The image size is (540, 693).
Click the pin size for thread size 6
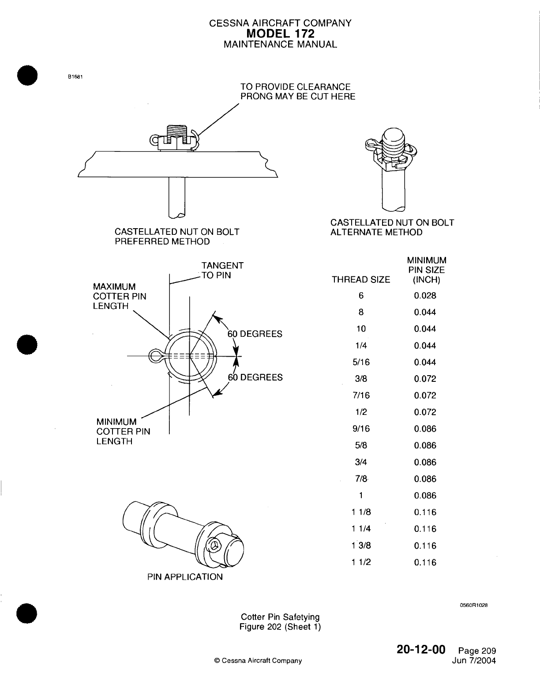tap(425, 296)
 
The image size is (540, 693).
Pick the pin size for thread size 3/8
tap(425, 379)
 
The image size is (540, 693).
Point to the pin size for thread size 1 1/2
tap(425, 563)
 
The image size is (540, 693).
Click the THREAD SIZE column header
tap(361, 279)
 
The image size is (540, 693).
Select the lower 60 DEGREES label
tap(255, 377)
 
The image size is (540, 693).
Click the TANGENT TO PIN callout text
tap(222, 270)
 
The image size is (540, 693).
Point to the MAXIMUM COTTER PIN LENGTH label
tap(119, 297)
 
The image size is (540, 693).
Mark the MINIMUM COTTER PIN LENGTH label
tap(123, 431)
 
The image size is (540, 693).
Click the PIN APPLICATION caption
tap(185, 577)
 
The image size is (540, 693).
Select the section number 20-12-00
tap(421, 649)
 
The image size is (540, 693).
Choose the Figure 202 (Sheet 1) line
tap(280, 627)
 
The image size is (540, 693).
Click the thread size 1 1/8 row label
tap(361, 512)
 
